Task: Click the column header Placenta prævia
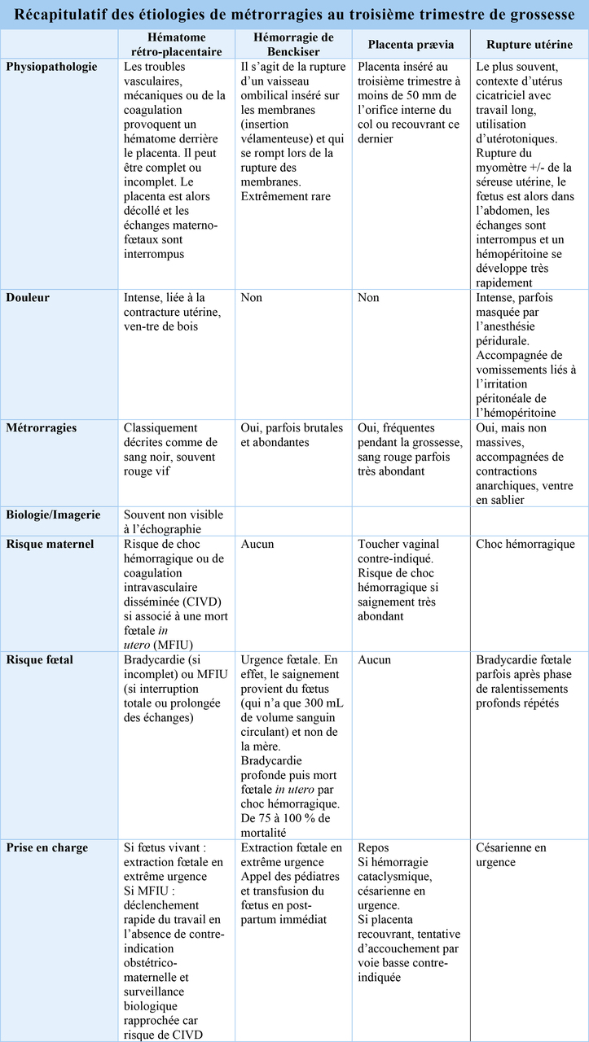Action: tap(411, 45)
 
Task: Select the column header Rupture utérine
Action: tap(530, 45)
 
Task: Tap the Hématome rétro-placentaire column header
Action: tap(176, 45)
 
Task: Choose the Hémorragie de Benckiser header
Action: tap(293, 45)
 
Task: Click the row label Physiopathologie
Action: tap(52, 67)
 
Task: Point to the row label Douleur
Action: tap(29, 298)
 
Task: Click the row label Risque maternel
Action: tap(50, 544)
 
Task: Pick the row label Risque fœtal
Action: tap(40, 659)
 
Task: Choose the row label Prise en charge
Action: tap(47, 847)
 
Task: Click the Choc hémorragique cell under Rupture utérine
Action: tap(525, 544)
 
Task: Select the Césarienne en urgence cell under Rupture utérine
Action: tap(511, 855)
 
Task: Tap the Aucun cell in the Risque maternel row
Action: tap(258, 544)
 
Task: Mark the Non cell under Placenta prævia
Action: tap(368, 298)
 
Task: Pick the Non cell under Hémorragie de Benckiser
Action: tap(252, 298)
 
